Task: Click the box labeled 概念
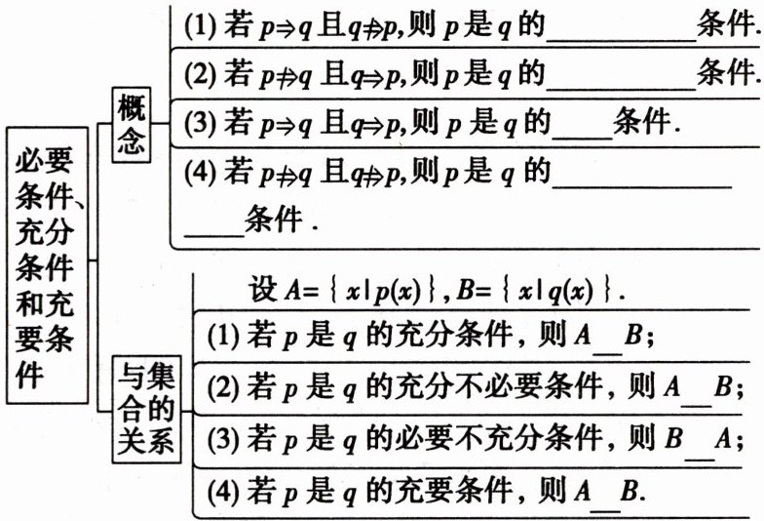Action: [x=131, y=125]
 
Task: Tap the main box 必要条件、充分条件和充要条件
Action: [x=49, y=262]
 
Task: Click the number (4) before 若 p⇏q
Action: [x=198, y=173]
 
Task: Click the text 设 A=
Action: [x=277, y=290]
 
